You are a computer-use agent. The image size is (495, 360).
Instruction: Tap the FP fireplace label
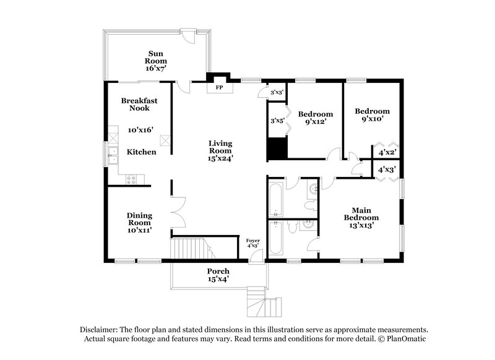click(x=218, y=88)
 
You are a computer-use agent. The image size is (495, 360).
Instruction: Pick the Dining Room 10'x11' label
click(x=140, y=223)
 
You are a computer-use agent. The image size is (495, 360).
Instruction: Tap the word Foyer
click(x=252, y=240)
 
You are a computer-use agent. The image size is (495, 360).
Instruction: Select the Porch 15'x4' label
click(x=218, y=275)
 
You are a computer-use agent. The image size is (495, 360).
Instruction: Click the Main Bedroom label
click(x=361, y=217)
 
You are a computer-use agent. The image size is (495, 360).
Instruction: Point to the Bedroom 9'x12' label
click(x=316, y=118)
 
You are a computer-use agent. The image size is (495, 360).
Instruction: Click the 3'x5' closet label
click(x=277, y=121)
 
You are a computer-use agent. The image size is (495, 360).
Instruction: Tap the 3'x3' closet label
click(x=277, y=92)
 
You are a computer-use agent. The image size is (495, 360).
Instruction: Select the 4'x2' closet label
click(x=380, y=151)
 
